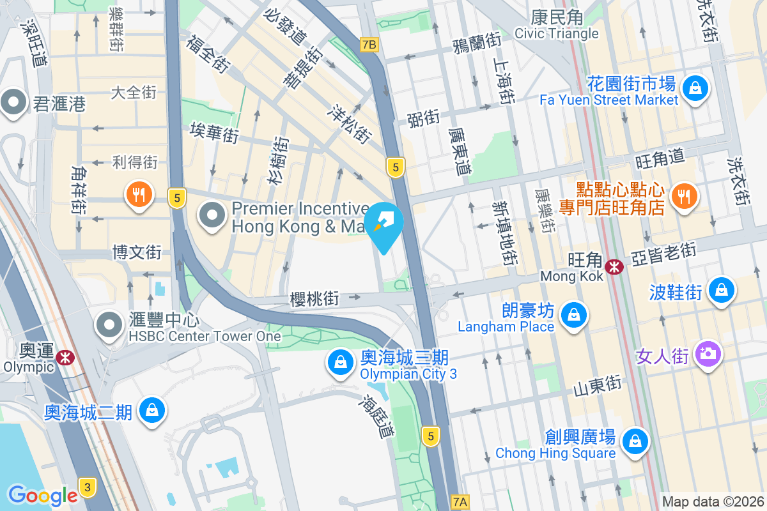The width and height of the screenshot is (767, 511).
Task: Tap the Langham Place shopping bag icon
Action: (x=575, y=315)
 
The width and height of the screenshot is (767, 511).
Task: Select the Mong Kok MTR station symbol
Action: (x=614, y=266)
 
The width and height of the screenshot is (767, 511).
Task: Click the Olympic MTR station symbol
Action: (x=64, y=357)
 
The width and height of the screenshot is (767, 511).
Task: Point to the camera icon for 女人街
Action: (x=708, y=354)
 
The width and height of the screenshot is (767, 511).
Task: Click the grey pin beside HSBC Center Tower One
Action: (x=109, y=324)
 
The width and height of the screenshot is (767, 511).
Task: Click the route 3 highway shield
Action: (x=88, y=488)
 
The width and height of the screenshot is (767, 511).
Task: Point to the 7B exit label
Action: (x=369, y=45)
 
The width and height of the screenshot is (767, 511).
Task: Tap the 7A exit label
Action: (x=460, y=502)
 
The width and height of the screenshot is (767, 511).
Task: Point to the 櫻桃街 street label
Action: (x=314, y=298)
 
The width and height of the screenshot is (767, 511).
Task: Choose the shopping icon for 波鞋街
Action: (x=721, y=290)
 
